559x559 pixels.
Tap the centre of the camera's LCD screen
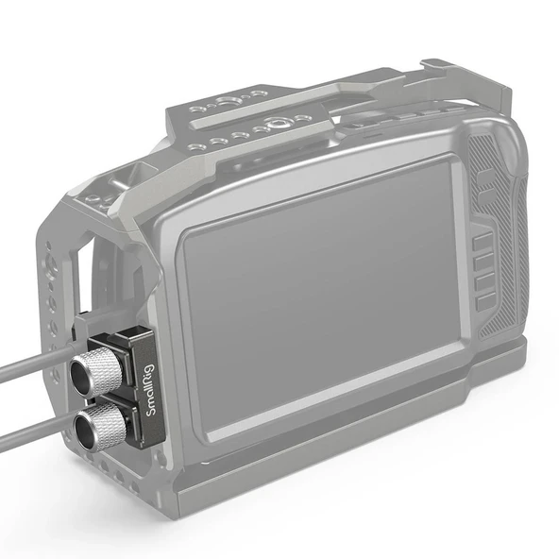pyautogui.click(x=321, y=302)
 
